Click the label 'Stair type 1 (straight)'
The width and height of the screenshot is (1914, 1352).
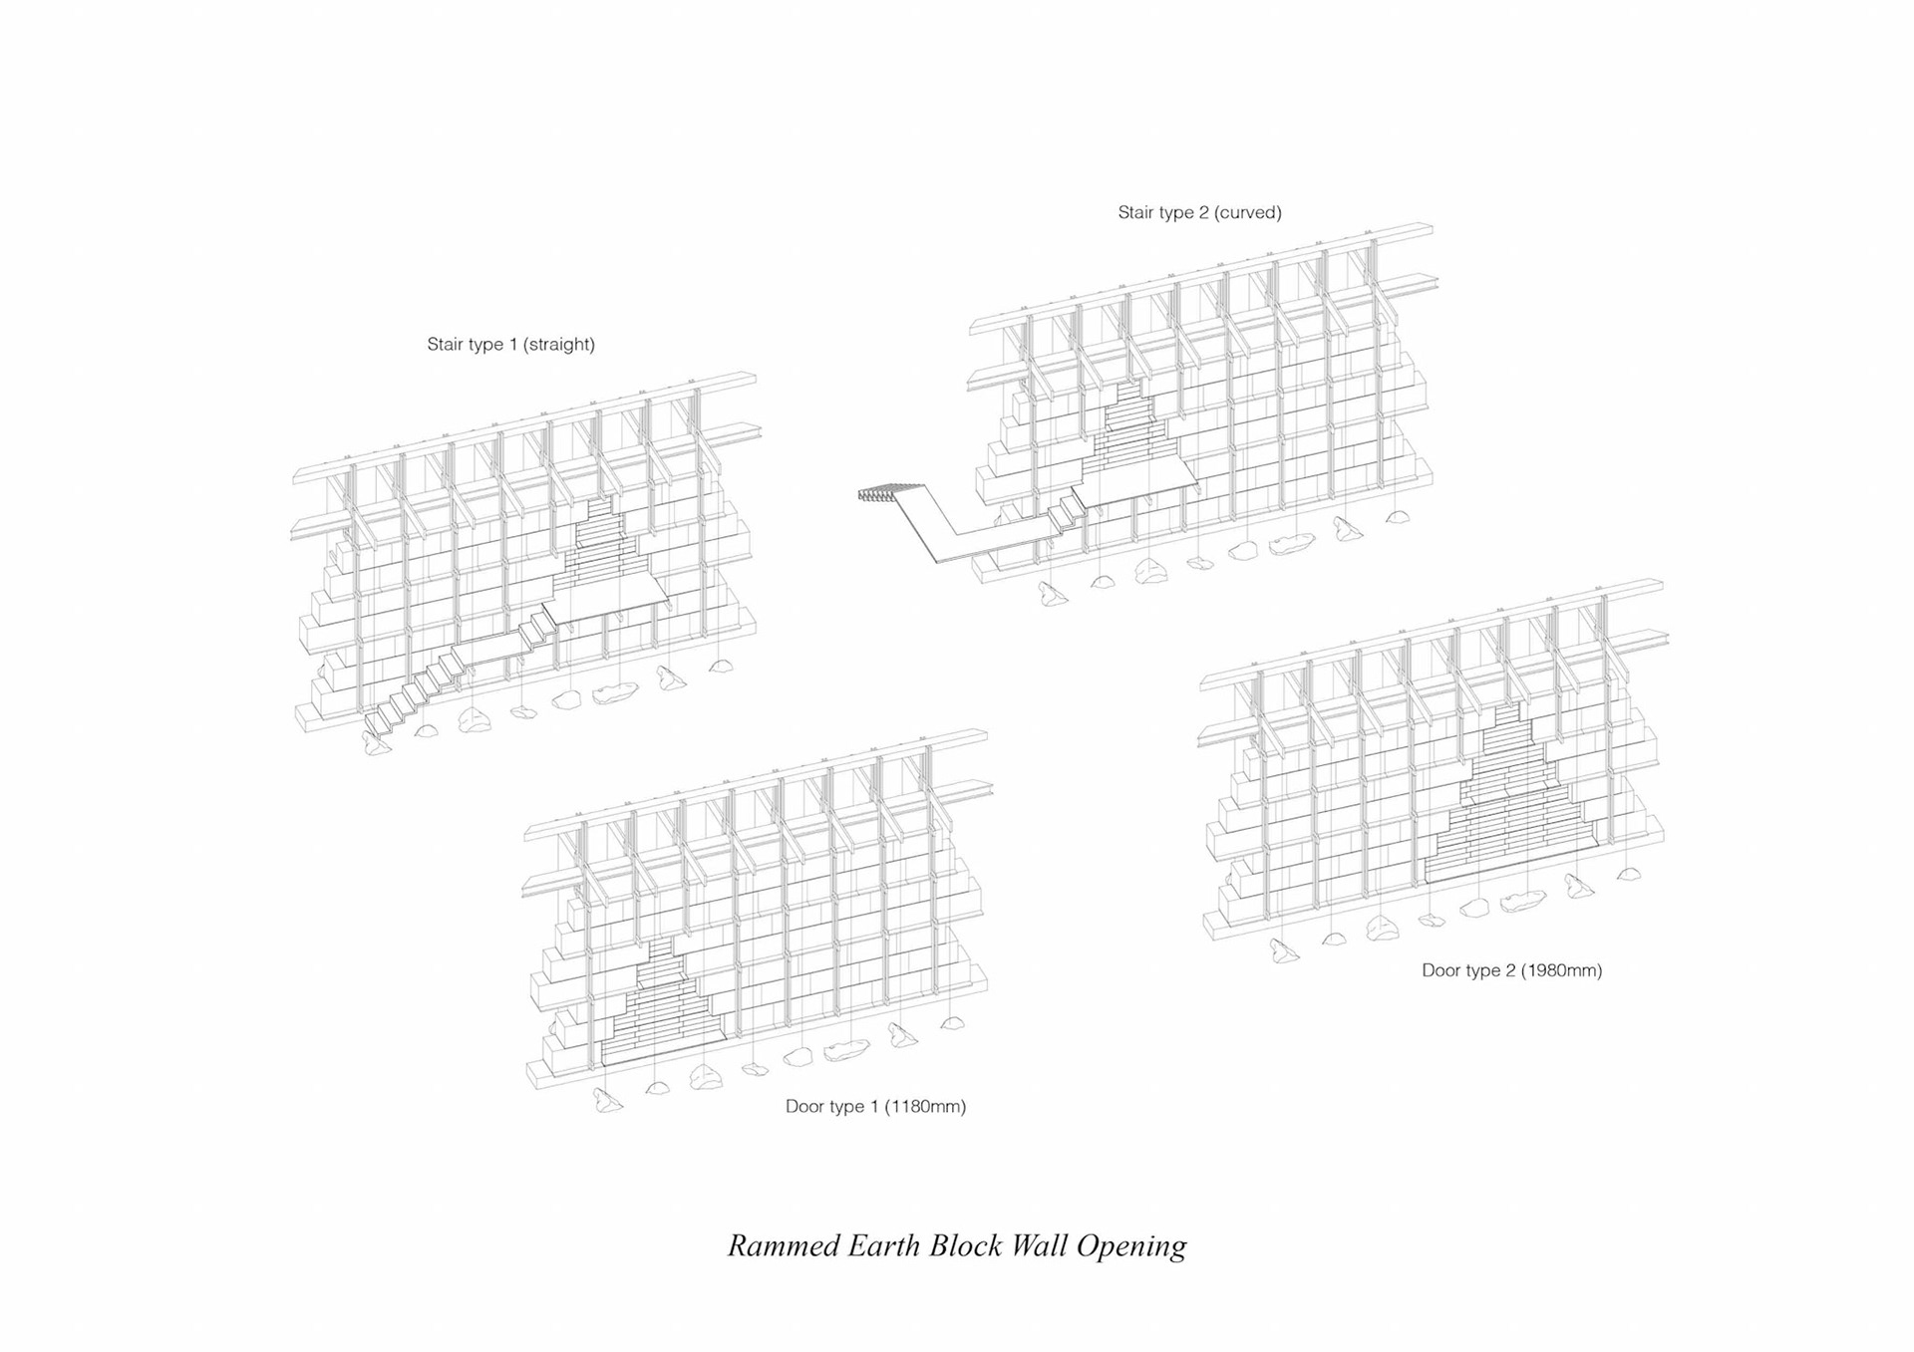pos(510,345)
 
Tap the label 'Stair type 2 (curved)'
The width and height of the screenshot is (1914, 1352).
pos(1199,212)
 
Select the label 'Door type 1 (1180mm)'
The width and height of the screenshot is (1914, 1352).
pos(875,1106)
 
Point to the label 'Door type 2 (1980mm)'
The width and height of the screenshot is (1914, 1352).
pos(1511,970)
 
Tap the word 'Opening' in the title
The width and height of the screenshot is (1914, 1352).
pos(1131,1246)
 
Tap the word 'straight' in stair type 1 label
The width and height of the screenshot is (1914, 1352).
pos(558,345)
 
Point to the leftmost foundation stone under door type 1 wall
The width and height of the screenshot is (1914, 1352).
pos(607,1100)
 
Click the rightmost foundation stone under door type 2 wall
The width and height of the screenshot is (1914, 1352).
pos(1628,874)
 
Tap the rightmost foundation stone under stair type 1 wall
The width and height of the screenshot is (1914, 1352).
pos(720,665)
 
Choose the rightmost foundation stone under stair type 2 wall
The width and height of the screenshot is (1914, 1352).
pos(1398,517)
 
